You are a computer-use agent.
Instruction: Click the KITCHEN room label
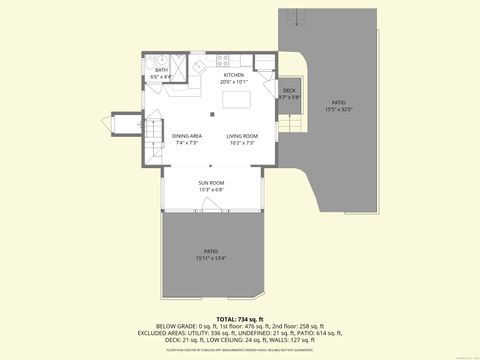[233, 75]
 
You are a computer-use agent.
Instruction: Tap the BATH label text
[160, 70]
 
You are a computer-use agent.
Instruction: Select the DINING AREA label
[187, 136]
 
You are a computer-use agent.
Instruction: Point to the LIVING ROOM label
[242, 136]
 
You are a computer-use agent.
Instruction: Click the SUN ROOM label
[211, 183]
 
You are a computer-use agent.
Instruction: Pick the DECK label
[289, 91]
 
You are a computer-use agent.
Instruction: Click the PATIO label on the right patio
[338, 102]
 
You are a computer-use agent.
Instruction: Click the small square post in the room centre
[211, 114]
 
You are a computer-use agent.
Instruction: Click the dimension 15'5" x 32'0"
[338, 109]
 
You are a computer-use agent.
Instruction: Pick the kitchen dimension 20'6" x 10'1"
[233, 82]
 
